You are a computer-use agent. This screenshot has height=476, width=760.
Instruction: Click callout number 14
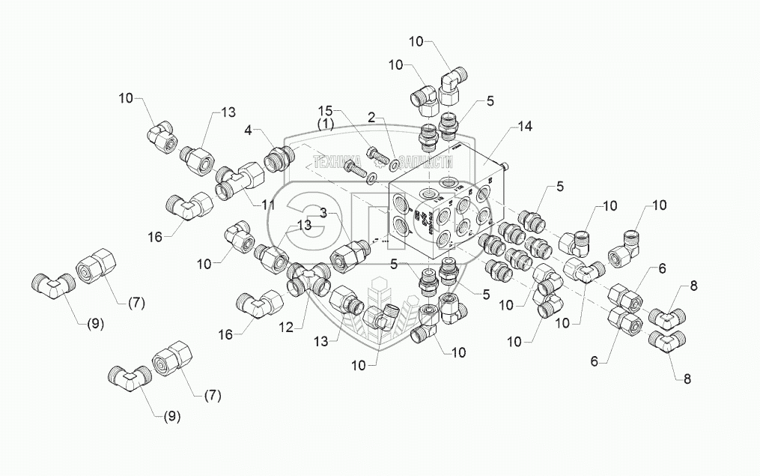pyautogui.click(x=524, y=127)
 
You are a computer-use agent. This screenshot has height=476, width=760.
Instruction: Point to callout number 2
pyautogui.click(x=371, y=116)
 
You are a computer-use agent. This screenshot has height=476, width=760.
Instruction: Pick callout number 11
pyautogui.click(x=268, y=204)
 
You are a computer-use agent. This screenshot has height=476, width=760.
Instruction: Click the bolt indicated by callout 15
pyautogui.click(x=379, y=157)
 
